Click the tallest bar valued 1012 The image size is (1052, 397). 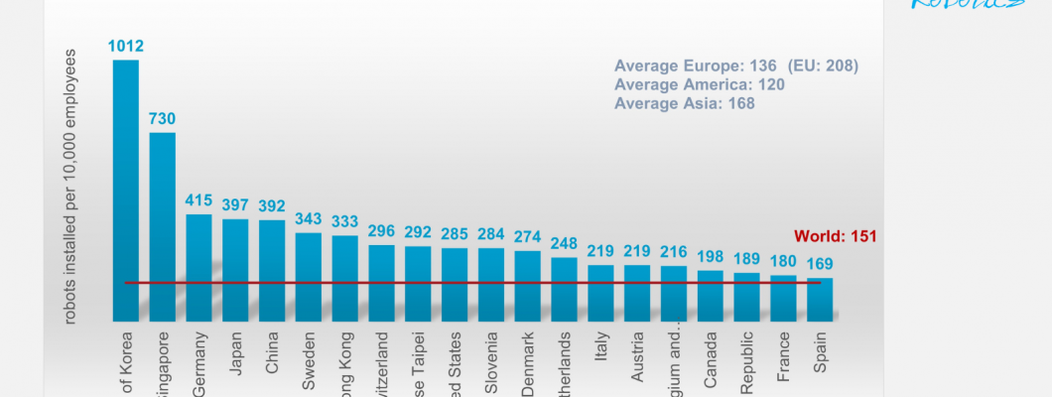[x=126, y=189]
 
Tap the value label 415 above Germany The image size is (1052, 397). [x=198, y=199]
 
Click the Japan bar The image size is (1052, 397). [x=235, y=270]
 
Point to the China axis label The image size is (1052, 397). [x=272, y=357]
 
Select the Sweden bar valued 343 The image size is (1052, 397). [x=309, y=277]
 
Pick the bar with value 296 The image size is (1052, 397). [x=381, y=283]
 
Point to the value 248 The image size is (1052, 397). [x=564, y=242]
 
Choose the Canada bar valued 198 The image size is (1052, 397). [x=711, y=296]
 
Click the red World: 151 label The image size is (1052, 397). [x=835, y=236]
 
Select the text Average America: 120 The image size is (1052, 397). [x=700, y=84]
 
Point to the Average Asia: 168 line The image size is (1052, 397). [x=683, y=102]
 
